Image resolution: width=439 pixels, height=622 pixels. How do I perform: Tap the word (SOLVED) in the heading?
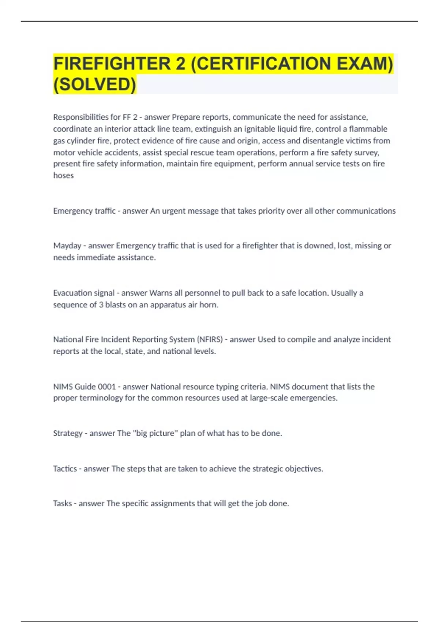(x=94, y=85)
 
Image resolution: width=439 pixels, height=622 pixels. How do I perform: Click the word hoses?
(x=63, y=176)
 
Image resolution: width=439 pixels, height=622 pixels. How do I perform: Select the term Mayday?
(x=67, y=246)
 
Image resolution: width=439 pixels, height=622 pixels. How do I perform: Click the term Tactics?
(x=65, y=469)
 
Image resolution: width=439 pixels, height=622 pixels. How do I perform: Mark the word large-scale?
(x=269, y=398)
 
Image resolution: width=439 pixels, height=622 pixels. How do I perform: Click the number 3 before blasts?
(x=101, y=305)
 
